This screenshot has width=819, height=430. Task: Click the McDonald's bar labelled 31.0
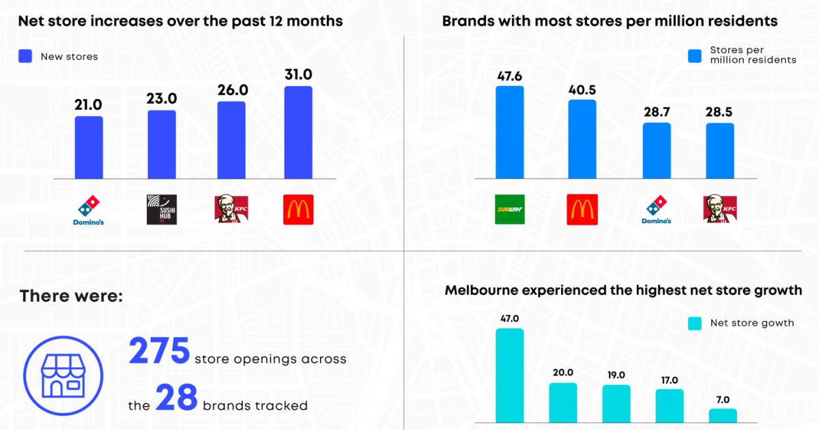(x=298, y=132)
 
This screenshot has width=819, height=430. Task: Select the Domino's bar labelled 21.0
(x=89, y=147)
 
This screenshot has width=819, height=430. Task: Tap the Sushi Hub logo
(x=161, y=210)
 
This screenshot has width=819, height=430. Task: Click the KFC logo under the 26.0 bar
(x=231, y=209)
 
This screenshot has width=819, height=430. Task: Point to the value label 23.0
(x=162, y=98)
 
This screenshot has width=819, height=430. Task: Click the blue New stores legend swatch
(x=25, y=57)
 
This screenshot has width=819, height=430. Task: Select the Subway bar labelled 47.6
(x=509, y=132)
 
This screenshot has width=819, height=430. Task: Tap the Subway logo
(x=509, y=210)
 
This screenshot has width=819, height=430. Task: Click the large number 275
(x=160, y=352)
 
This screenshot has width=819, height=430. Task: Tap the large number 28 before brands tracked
(x=176, y=398)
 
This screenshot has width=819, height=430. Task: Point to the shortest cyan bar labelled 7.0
(x=723, y=416)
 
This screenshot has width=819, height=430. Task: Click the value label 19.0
(x=616, y=375)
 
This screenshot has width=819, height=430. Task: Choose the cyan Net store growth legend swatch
(x=695, y=323)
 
